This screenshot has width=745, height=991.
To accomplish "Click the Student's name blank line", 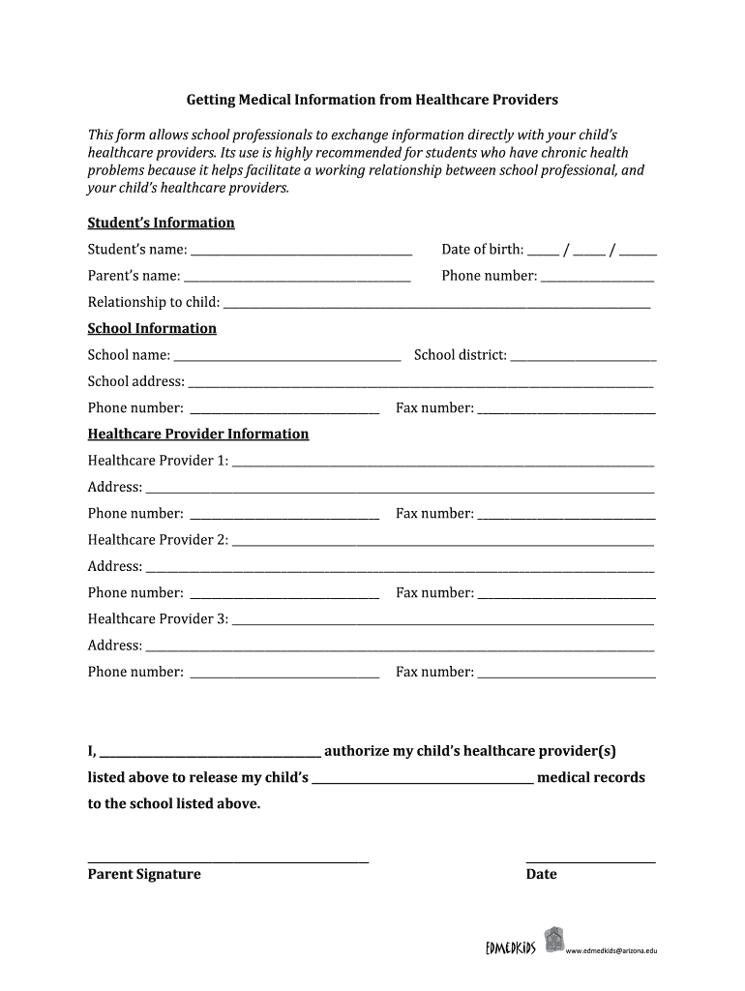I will click(x=301, y=253).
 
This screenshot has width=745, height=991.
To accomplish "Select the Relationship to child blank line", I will click(x=436, y=305).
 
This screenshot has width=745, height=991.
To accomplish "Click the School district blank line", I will click(x=583, y=358).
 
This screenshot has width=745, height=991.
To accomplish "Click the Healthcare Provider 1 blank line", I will click(x=443, y=464).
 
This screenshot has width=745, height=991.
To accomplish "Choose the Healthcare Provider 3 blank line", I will click(x=443, y=622).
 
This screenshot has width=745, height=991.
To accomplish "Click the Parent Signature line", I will click(x=228, y=859).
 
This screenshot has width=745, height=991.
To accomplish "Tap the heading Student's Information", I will click(x=162, y=223).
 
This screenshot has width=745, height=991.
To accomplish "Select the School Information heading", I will click(x=152, y=328).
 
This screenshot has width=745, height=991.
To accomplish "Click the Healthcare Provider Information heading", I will click(x=198, y=434).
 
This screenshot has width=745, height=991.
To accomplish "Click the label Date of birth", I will click(x=483, y=250).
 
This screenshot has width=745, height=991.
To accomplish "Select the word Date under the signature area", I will click(x=541, y=874).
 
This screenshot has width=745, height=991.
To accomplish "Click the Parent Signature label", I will click(x=144, y=874).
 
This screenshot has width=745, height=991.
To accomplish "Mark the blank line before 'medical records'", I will click(x=423, y=780).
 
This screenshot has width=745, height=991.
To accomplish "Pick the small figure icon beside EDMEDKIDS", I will click(x=553, y=939).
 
